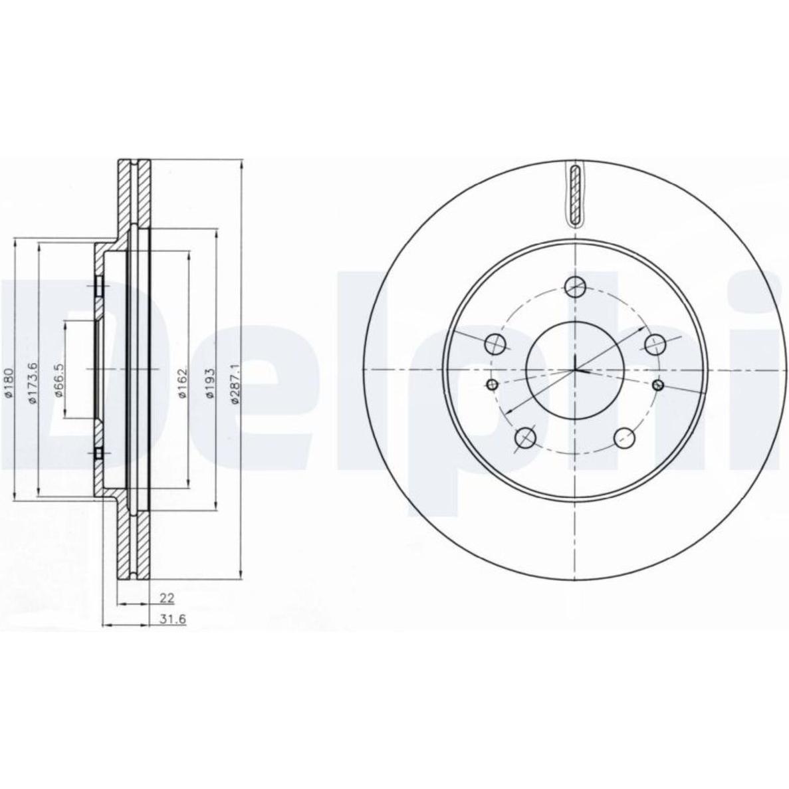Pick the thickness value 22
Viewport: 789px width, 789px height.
pyautogui.click(x=167, y=598)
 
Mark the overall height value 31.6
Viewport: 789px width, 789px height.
pyautogui.click(x=173, y=619)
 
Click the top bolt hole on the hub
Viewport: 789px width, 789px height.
pyautogui.click(x=576, y=287)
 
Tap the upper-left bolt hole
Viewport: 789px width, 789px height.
pyautogui.click(x=495, y=345)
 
